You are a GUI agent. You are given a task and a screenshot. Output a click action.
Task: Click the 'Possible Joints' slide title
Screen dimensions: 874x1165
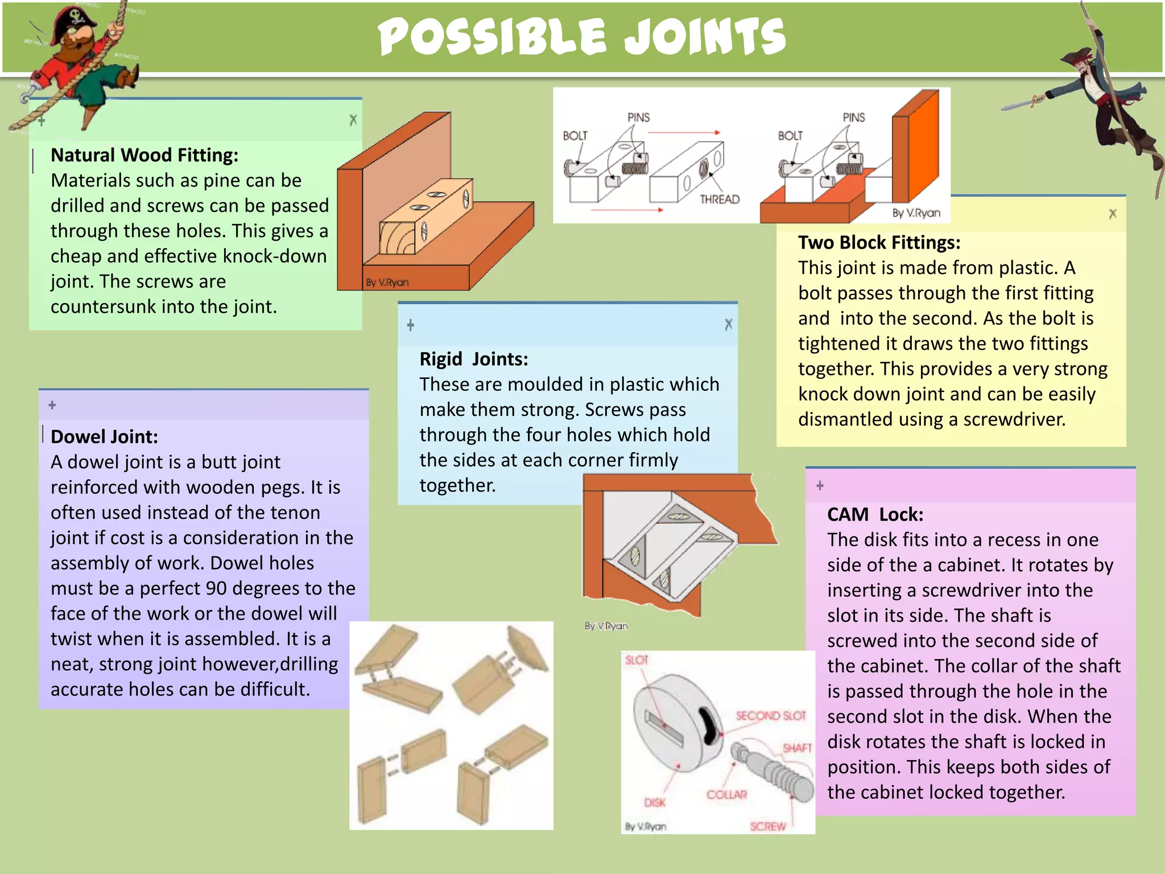pos(581,38)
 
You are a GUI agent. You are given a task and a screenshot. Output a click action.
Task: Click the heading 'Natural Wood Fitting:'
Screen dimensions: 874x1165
pos(144,155)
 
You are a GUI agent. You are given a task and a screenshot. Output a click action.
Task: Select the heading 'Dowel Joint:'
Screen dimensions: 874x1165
pos(104,436)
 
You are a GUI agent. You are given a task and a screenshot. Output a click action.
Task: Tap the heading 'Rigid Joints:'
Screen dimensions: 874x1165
pos(473,359)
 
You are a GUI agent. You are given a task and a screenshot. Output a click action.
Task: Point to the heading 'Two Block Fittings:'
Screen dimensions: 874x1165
pos(879,242)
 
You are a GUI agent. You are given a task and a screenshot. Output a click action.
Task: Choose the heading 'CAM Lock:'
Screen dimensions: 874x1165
pos(875,514)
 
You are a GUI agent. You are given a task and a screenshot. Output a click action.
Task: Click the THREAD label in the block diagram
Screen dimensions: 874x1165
pos(719,199)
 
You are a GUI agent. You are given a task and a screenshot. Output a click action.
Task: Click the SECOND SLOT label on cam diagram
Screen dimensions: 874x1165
pos(770,715)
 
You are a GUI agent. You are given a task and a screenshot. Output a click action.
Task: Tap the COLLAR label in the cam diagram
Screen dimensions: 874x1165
pos(726,794)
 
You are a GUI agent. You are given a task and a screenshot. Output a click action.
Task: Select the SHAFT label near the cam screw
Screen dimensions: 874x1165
pos(796,748)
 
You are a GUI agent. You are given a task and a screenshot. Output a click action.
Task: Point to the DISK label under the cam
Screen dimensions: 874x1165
pos(654,802)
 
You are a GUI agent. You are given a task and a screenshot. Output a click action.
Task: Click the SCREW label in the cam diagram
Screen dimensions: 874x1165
pos(767,826)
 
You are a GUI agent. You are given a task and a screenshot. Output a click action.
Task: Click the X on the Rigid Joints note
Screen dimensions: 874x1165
pos(728,324)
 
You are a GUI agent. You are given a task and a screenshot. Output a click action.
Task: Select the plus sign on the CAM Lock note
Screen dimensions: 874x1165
pos(820,485)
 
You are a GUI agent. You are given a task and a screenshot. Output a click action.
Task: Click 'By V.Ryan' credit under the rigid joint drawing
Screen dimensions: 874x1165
pos(606,626)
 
